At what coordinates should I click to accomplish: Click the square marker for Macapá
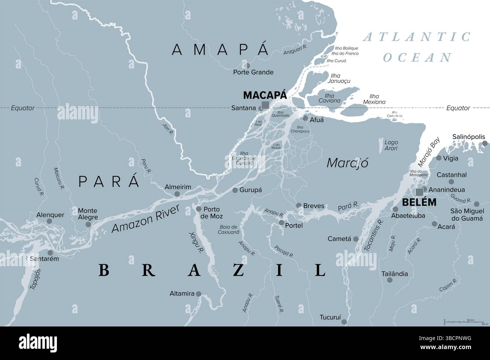pyautogui.click(x=265, y=105)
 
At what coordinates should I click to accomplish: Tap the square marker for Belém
pyautogui.click(x=419, y=191)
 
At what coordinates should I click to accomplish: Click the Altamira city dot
pyautogui.click(x=199, y=293)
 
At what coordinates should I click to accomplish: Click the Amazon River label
pyautogui.click(x=146, y=220)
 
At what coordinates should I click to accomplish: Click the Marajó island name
pyautogui.click(x=347, y=163)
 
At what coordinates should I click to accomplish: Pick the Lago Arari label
pyautogui.click(x=391, y=145)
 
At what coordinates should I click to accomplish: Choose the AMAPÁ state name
pyautogui.click(x=220, y=49)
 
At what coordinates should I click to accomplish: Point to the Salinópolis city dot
pyautogui.click(x=485, y=143)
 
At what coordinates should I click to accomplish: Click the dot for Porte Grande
pyautogui.click(x=247, y=65)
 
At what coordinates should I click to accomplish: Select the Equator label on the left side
pyautogui.click(x=23, y=108)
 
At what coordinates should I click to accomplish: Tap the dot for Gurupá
pyautogui.click(x=235, y=190)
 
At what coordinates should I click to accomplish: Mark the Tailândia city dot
pyautogui.click(x=390, y=280)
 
